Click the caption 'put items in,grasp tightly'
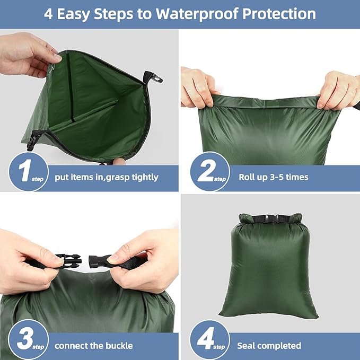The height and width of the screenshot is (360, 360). pos(107,177)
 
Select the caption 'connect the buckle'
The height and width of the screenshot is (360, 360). pos(94,346)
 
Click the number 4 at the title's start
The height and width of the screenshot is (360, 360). pos(49,13)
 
